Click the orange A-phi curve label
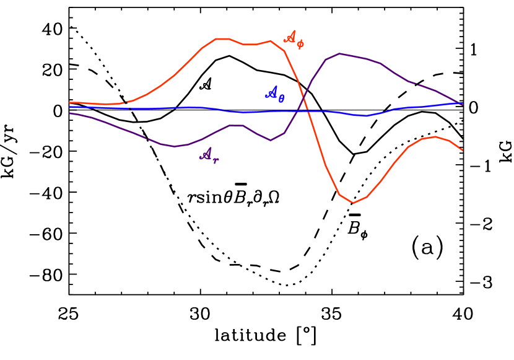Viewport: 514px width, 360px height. [x=294, y=39]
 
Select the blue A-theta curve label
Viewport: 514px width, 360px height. [x=274, y=94]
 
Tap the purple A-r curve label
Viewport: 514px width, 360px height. [x=209, y=156]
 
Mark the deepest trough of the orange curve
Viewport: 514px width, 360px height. [x=353, y=203]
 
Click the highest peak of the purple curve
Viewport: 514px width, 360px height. [x=339, y=54]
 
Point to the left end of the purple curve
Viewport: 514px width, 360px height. [x=70, y=113]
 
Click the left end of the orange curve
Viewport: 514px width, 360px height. [x=70, y=102]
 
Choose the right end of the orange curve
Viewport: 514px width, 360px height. [x=462, y=149]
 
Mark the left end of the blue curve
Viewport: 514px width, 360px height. [x=70, y=107]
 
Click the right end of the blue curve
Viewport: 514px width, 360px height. [x=462, y=103]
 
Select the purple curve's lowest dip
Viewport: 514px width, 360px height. [x=175, y=146]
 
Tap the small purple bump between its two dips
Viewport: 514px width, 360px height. [x=236, y=125]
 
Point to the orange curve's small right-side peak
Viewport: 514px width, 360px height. [x=436, y=137]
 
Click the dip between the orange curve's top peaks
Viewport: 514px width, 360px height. [x=250, y=44]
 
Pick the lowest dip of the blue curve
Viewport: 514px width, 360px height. [x=365, y=116]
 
